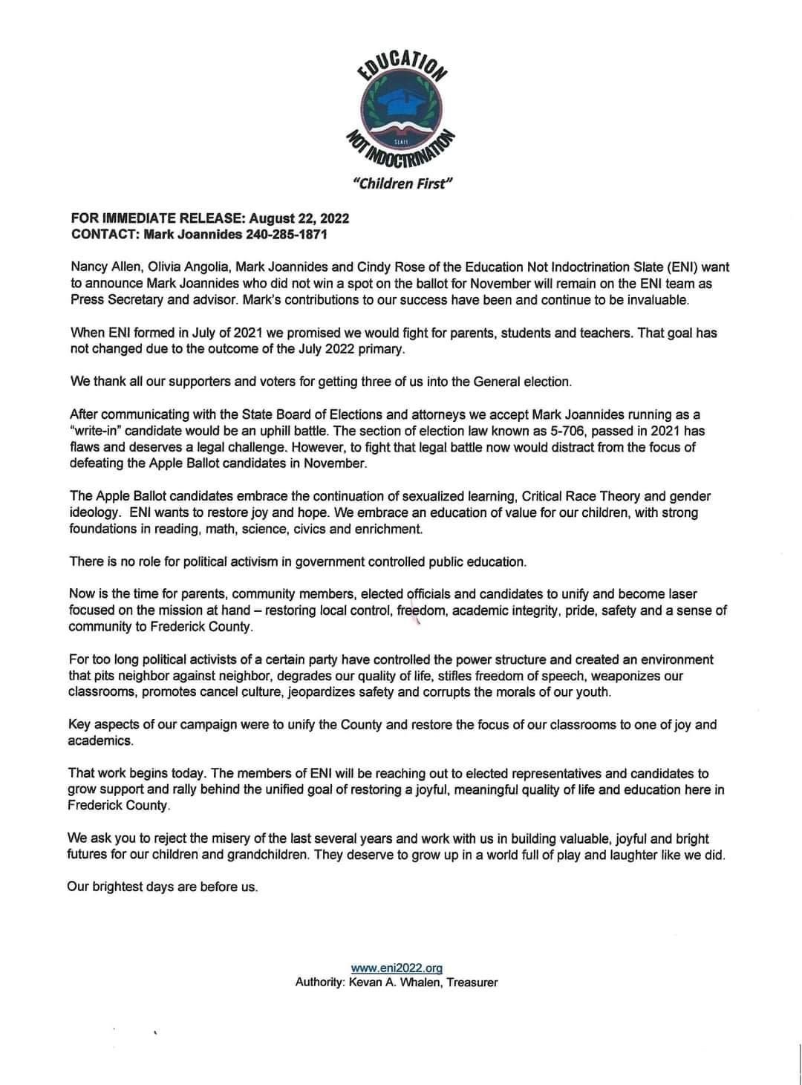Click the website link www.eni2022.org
click(397, 968)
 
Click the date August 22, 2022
click(299, 218)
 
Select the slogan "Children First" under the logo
click(402, 183)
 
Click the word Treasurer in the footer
click(472, 983)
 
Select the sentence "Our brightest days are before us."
click(163, 887)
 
